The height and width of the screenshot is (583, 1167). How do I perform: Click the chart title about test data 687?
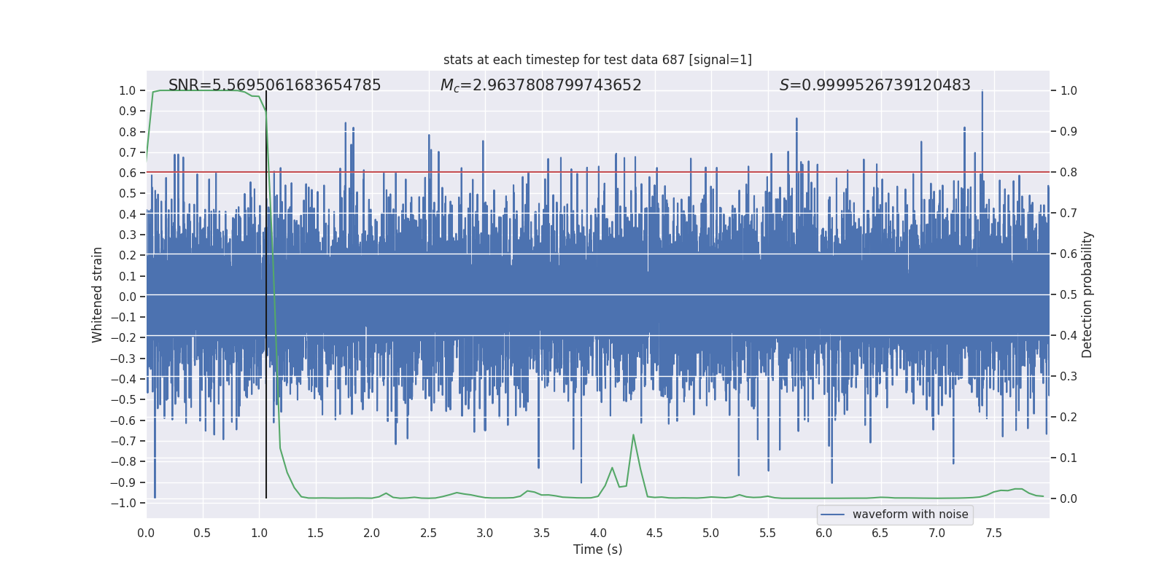point(597,60)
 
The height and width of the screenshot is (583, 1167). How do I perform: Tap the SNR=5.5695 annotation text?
point(275,85)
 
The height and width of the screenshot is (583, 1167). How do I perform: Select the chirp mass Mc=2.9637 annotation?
point(540,85)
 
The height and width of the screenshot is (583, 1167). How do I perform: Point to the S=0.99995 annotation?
point(875,85)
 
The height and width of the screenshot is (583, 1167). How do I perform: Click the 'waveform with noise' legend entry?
point(910,514)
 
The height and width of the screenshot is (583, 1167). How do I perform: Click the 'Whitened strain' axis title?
point(97,294)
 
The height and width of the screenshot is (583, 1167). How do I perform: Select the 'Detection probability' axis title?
point(1087,294)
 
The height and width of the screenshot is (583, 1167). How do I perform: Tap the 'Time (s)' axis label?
point(597,549)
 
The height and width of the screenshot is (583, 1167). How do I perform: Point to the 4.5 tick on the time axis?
point(654,533)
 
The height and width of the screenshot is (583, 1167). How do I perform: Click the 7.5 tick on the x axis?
point(993,533)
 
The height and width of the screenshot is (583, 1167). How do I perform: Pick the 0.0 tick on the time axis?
point(146,533)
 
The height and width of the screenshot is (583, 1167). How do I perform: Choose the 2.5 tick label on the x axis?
point(428,533)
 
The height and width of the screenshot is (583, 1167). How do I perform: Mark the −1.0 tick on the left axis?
point(123,503)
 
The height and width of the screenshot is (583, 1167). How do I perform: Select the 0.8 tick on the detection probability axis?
point(1069,173)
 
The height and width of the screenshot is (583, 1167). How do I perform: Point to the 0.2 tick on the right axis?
point(1069,418)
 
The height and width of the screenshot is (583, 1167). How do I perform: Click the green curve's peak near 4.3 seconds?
point(633,435)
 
